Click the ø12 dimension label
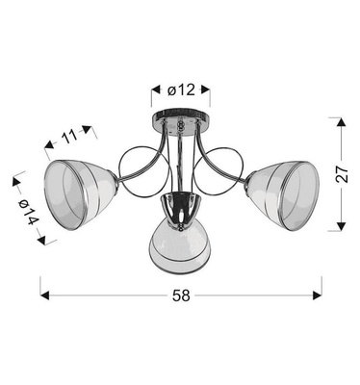[181, 90]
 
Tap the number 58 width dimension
[179, 295]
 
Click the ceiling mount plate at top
[180, 122]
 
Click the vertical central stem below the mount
[180, 159]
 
